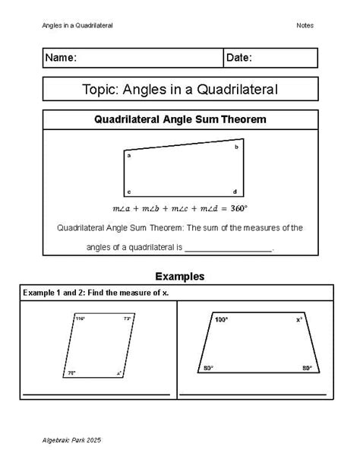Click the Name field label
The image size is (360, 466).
point(61,59)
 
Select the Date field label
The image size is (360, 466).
point(239,59)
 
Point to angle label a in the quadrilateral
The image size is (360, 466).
point(129,155)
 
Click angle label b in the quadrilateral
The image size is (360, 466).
point(235,147)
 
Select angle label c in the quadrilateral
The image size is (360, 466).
point(129,192)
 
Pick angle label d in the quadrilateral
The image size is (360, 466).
point(235,192)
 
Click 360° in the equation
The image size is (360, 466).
point(239,208)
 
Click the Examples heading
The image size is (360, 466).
point(179,276)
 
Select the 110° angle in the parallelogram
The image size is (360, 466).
point(81,319)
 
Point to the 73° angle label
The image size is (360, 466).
point(127,319)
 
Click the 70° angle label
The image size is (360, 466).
point(71,372)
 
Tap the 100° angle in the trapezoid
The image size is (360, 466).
point(221,320)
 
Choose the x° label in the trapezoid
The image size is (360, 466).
point(299,320)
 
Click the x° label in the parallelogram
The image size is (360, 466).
point(119,373)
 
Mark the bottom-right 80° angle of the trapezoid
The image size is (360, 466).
point(307,369)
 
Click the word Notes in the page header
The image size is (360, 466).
point(305,26)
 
